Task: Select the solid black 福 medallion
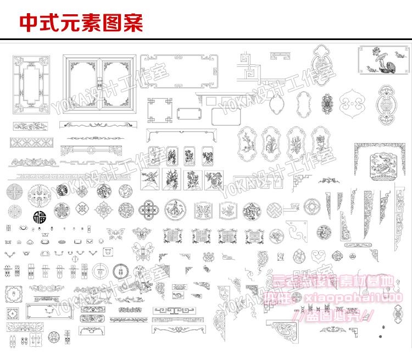(x=40, y=215)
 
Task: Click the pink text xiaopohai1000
(x=357, y=297)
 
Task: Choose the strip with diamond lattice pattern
(x=31, y=143)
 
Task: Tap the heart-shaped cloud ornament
(x=318, y=256)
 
